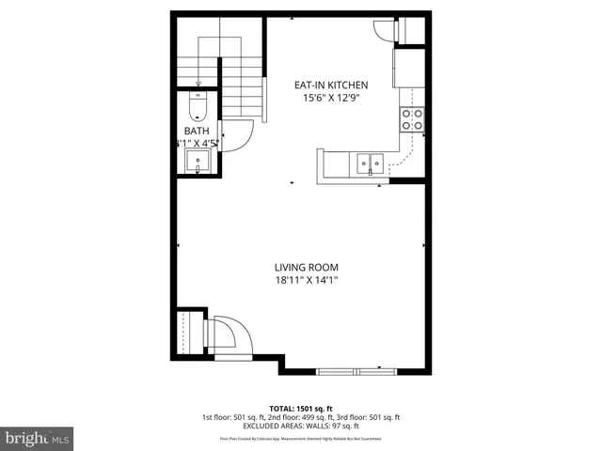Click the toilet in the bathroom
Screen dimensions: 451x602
(198, 101)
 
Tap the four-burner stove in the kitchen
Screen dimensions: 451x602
(411, 118)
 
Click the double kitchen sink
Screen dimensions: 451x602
(368, 164)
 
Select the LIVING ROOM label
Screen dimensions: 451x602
(306, 267)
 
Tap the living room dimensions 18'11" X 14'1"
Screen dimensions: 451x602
(306, 280)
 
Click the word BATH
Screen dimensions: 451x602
(196, 131)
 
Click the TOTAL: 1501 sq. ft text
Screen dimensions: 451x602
(301, 408)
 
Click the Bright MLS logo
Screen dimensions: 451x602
(38, 438)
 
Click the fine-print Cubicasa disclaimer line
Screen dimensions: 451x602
(301, 439)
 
